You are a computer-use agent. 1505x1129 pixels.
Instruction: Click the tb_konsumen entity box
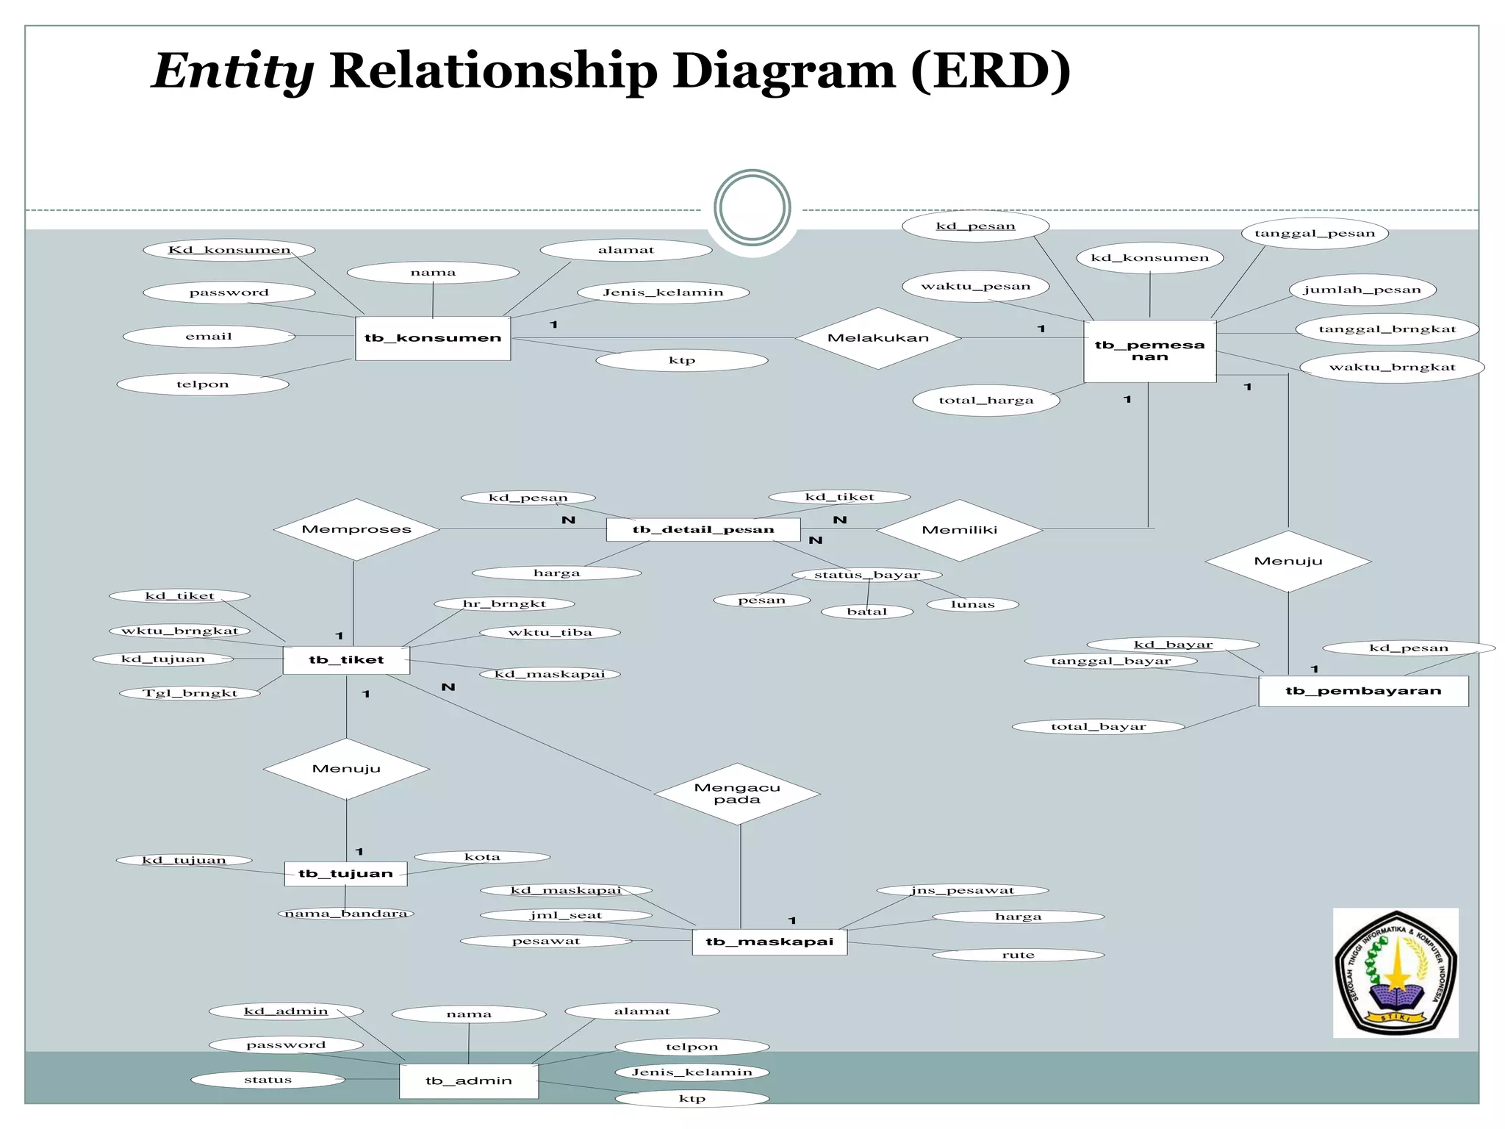coord(433,338)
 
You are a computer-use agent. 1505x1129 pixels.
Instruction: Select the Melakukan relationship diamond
coord(878,338)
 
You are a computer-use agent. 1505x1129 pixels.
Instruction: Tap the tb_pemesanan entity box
coord(1149,351)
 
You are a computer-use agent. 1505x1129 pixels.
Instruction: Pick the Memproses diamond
coord(356,529)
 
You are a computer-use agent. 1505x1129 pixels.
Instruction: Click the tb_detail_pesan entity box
coord(703,529)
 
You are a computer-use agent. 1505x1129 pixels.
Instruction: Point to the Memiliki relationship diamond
coord(959,530)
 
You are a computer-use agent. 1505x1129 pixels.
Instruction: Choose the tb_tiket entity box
coord(346,659)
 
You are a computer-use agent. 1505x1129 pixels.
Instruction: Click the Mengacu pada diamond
coord(737,794)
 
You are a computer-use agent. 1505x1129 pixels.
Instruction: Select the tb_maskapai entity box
coord(769,942)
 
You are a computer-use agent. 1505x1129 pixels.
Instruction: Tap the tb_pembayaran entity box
coord(1363,691)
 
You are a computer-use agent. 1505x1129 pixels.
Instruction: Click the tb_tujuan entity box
coord(345,873)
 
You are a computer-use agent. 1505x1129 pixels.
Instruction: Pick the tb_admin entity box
coord(469,1080)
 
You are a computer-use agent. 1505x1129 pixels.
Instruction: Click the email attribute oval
coord(209,337)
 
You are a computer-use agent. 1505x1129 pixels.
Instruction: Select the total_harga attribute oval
coord(986,401)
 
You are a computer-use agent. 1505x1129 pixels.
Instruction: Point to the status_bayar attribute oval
coord(867,575)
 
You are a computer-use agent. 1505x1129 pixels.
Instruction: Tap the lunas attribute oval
coord(972,605)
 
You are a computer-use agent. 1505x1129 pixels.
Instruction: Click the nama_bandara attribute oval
coord(346,914)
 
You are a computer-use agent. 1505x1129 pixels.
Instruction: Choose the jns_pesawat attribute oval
coord(963,891)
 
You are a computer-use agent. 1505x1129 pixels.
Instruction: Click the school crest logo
coord(1396,972)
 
